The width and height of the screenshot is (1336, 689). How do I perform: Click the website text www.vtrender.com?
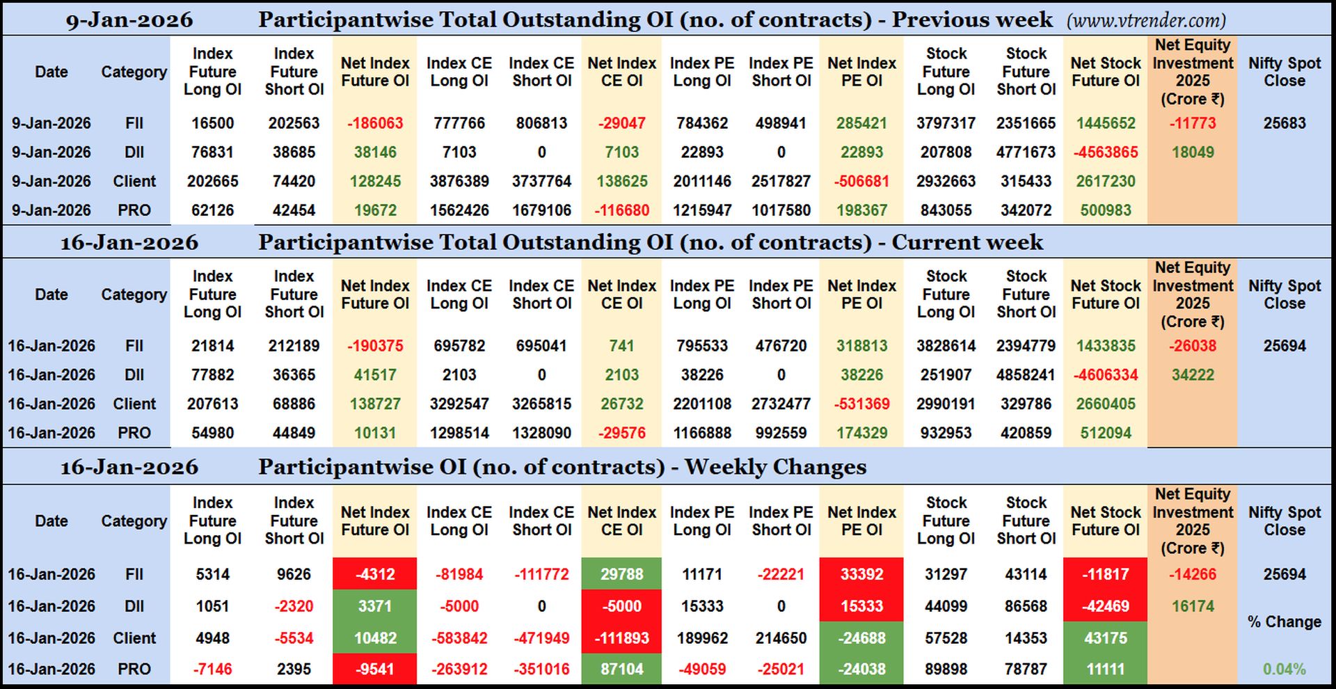pyautogui.click(x=1146, y=21)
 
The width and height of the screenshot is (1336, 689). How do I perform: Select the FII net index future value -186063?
pyautogui.click(x=375, y=123)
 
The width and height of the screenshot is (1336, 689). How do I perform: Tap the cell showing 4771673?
pyautogui.click(x=1026, y=152)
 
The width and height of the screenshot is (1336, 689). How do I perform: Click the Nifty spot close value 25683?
pyautogui.click(x=1285, y=123)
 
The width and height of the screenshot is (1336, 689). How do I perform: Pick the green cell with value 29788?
pyautogui.click(x=621, y=574)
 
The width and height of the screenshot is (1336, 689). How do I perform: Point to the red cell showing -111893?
pyautogui.click(x=621, y=637)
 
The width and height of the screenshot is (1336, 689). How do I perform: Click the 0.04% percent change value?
pyautogui.click(x=1285, y=669)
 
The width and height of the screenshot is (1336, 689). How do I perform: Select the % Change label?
pyautogui.click(x=1285, y=621)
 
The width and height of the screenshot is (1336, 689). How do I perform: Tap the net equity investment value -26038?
pyautogui.click(x=1193, y=346)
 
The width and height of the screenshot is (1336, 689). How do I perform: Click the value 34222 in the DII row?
pyautogui.click(x=1193, y=375)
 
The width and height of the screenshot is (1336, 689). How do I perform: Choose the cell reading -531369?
pyautogui.click(x=861, y=404)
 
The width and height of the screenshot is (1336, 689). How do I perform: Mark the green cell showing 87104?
pyautogui.click(x=621, y=669)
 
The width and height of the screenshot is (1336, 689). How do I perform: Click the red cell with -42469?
pyautogui.click(x=1105, y=606)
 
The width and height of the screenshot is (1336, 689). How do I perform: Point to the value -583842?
pyautogui.click(x=459, y=637)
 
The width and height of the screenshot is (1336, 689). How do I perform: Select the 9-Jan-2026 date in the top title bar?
pyautogui.click(x=129, y=20)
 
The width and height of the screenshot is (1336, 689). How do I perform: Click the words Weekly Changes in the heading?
pyautogui.click(x=775, y=467)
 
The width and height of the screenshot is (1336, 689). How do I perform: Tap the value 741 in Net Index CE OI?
pyautogui.click(x=621, y=346)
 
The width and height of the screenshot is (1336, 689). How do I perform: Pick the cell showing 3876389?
pyautogui.click(x=459, y=182)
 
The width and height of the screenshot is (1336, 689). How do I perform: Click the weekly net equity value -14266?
pyautogui.click(x=1193, y=574)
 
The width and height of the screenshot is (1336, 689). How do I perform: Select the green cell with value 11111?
pyautogui.click(x=1105, y=669)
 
